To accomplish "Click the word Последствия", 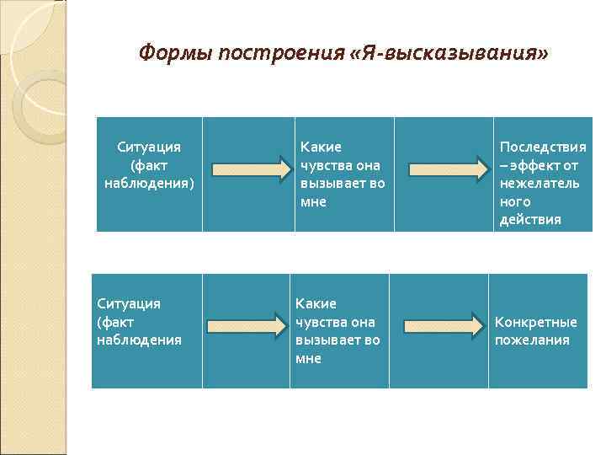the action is tap(543, 147).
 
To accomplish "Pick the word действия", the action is tap(530, 220).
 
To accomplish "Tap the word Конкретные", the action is tap(536, 322).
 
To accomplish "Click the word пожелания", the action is tap(532, 340).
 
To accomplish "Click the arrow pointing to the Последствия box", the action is tap(445, 169).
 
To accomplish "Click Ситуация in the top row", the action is tap(149, 147).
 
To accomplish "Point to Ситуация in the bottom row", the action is tap(129, 303).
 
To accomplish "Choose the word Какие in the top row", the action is tap(321, 147).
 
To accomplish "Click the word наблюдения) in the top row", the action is tap(149, 184).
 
